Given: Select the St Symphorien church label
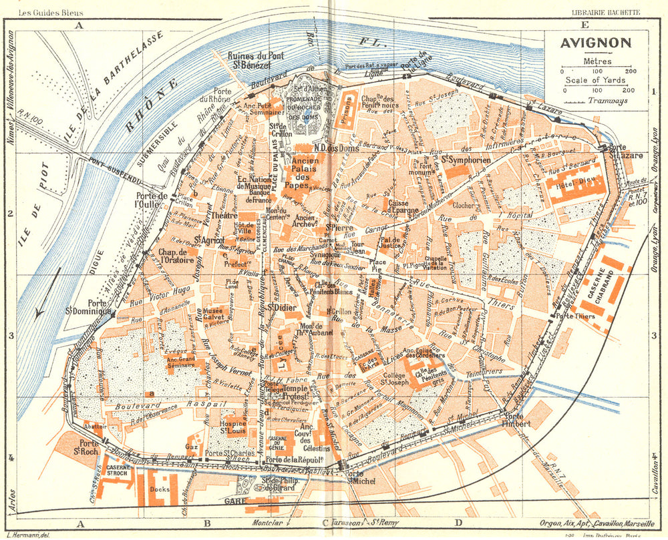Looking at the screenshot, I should click(466, 160).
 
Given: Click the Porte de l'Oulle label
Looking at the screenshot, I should click(147, 200).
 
